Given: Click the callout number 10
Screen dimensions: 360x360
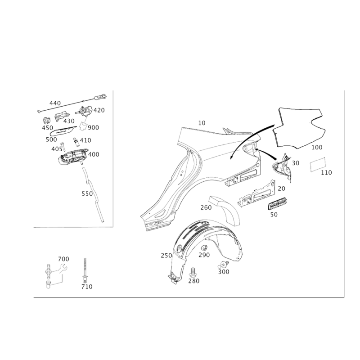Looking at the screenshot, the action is [202, 123].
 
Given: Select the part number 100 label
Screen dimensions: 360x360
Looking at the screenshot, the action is [317, 147].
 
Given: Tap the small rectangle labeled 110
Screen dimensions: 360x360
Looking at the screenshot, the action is [318, 164].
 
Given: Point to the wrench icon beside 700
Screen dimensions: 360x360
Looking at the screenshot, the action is [62, 268].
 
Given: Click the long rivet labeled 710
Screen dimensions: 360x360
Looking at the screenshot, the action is [85, 270].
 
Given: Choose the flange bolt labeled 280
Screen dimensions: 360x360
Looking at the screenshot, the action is [193, 273].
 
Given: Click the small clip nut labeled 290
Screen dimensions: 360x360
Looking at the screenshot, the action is [204, 248].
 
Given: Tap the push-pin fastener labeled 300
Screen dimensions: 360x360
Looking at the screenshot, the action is [223, 265].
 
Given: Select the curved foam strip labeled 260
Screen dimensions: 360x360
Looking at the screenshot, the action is [225, 210].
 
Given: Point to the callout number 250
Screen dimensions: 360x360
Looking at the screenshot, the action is [166, 256].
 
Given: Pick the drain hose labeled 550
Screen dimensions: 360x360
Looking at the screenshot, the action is [93, 195].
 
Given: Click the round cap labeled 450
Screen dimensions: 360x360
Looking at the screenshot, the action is [47, 120].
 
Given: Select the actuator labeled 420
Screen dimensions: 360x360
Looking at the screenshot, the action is [85, 111].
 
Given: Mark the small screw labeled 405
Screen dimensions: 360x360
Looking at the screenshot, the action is [63, 147].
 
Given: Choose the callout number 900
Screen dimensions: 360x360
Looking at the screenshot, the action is [94, 128].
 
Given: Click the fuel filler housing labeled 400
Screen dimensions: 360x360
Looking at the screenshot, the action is [73, 157].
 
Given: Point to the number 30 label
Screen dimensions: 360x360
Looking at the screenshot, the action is [296, 163].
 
